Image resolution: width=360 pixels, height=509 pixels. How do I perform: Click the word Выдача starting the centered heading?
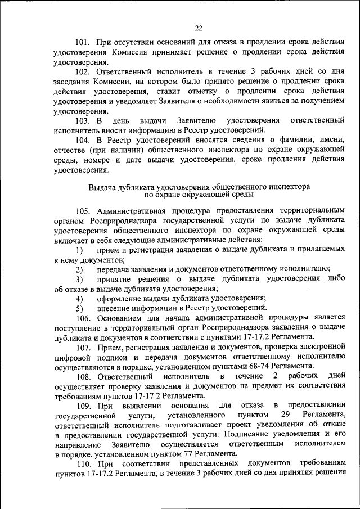[101, 185]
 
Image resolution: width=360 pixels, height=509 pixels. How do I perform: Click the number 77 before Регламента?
[185, 453]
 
